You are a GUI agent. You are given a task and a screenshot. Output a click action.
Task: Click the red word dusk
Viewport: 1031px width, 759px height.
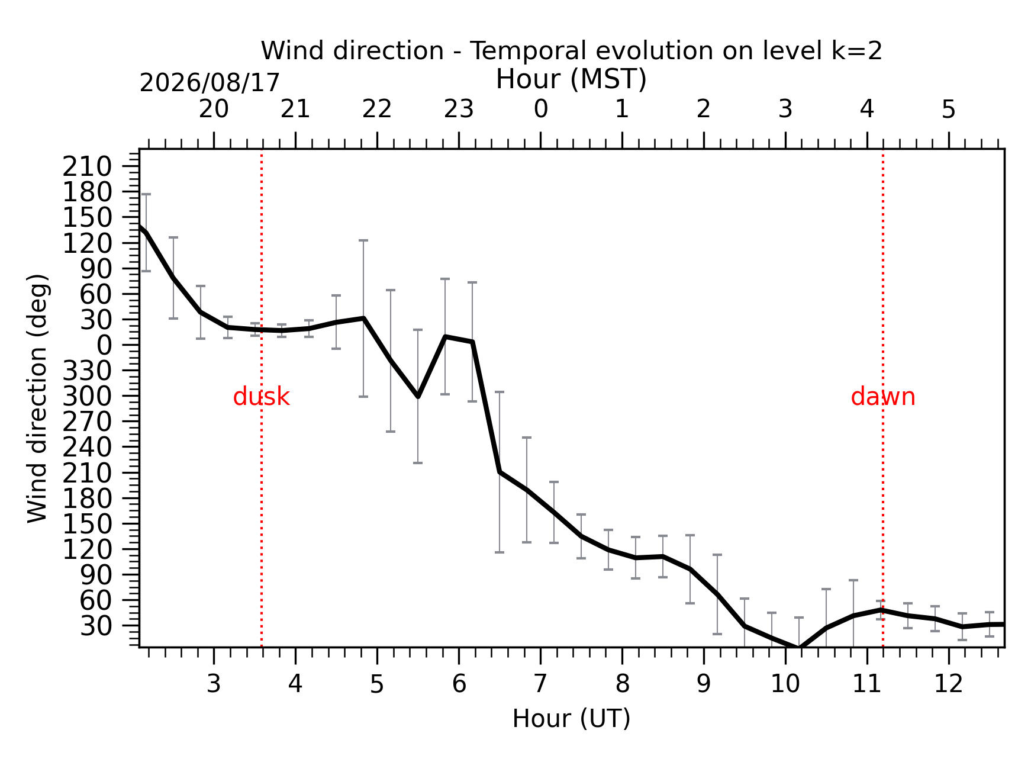[x=261, y=397]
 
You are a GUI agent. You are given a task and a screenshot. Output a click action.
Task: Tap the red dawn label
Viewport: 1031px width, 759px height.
[x=883, y=397]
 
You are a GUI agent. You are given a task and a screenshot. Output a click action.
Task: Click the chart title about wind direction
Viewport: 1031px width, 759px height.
[x=572, y=51]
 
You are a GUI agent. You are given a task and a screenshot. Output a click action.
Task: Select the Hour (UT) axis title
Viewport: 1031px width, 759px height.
[x=571, y=719]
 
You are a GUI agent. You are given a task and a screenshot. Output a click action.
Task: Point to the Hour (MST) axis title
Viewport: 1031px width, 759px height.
[x=571, y=79]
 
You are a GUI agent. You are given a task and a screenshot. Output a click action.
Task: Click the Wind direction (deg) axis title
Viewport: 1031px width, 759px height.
[x=37, y=398]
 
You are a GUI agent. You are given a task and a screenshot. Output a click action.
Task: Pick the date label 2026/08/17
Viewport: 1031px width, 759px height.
[x=210, y=83]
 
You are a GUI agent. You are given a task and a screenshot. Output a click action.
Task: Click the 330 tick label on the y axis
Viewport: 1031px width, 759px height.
[x=87, y=371]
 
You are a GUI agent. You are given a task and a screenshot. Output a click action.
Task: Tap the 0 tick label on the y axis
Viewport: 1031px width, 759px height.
[x=104, y=345]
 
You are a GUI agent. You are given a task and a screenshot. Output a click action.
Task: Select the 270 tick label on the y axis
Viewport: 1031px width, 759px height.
[x=87, y=422]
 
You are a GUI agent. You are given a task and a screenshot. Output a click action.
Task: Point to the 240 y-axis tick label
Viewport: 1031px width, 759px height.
[x=87, y=448]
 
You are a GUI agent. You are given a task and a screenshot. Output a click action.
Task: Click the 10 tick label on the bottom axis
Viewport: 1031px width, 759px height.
[x=785, y=684]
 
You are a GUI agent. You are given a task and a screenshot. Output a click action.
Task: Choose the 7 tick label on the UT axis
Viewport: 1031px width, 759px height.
[x=540, y=684]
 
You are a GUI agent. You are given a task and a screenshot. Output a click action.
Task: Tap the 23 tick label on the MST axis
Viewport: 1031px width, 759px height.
[x=459, y=110]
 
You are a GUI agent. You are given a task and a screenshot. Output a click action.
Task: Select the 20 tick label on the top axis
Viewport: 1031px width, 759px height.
[x=214, y=110]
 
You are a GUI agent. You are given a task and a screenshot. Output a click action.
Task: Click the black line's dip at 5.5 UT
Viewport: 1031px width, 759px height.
[x=418, y=396]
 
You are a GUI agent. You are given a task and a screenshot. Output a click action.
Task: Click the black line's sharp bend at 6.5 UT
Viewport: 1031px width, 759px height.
[x=500, y=472]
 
